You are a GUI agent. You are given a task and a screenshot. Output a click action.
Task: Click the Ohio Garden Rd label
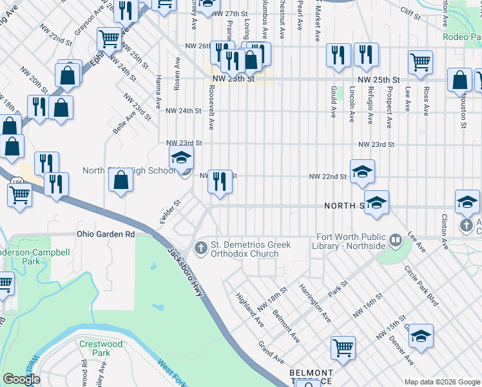106,234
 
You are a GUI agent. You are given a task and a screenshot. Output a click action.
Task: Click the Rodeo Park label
461,37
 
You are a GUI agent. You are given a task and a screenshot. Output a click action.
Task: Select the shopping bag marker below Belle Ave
121,180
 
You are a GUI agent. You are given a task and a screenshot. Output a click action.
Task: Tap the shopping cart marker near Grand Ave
343,347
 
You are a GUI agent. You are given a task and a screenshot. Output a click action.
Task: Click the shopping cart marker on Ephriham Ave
109,38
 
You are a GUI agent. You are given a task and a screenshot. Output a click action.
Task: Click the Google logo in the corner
21,379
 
